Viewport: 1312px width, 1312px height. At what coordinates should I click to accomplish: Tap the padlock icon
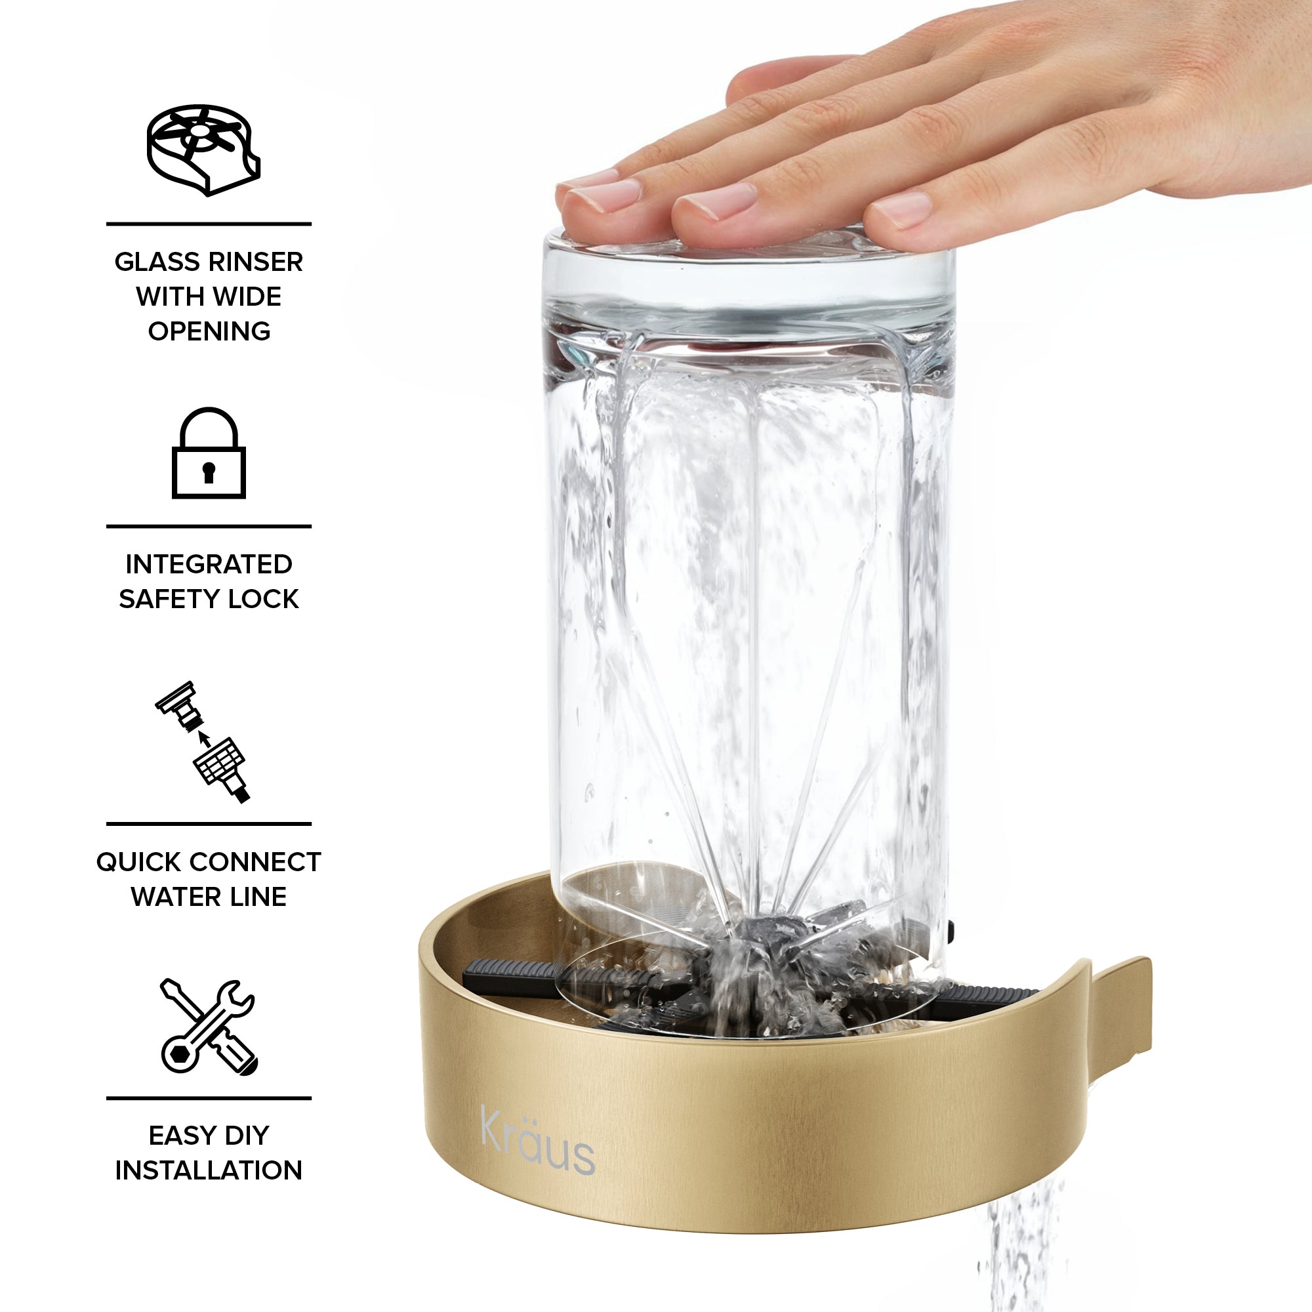(x=209, y=453)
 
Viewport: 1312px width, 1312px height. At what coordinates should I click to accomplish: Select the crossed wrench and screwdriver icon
(x=209, y=1026)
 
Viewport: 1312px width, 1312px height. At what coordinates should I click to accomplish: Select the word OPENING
(x=209, y=331)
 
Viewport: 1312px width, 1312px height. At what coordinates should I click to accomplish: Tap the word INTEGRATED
(x=209, y=564)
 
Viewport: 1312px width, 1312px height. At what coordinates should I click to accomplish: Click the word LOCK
(x=264, y=599)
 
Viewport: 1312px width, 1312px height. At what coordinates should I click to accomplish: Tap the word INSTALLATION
(x=209, y=1170)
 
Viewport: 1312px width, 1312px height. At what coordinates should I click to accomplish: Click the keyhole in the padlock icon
(x=209, y=472)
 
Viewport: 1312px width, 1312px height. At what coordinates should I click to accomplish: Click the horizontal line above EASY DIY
(x=209, y=1098)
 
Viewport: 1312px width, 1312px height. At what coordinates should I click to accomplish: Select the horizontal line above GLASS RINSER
(x=209, y=224)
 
